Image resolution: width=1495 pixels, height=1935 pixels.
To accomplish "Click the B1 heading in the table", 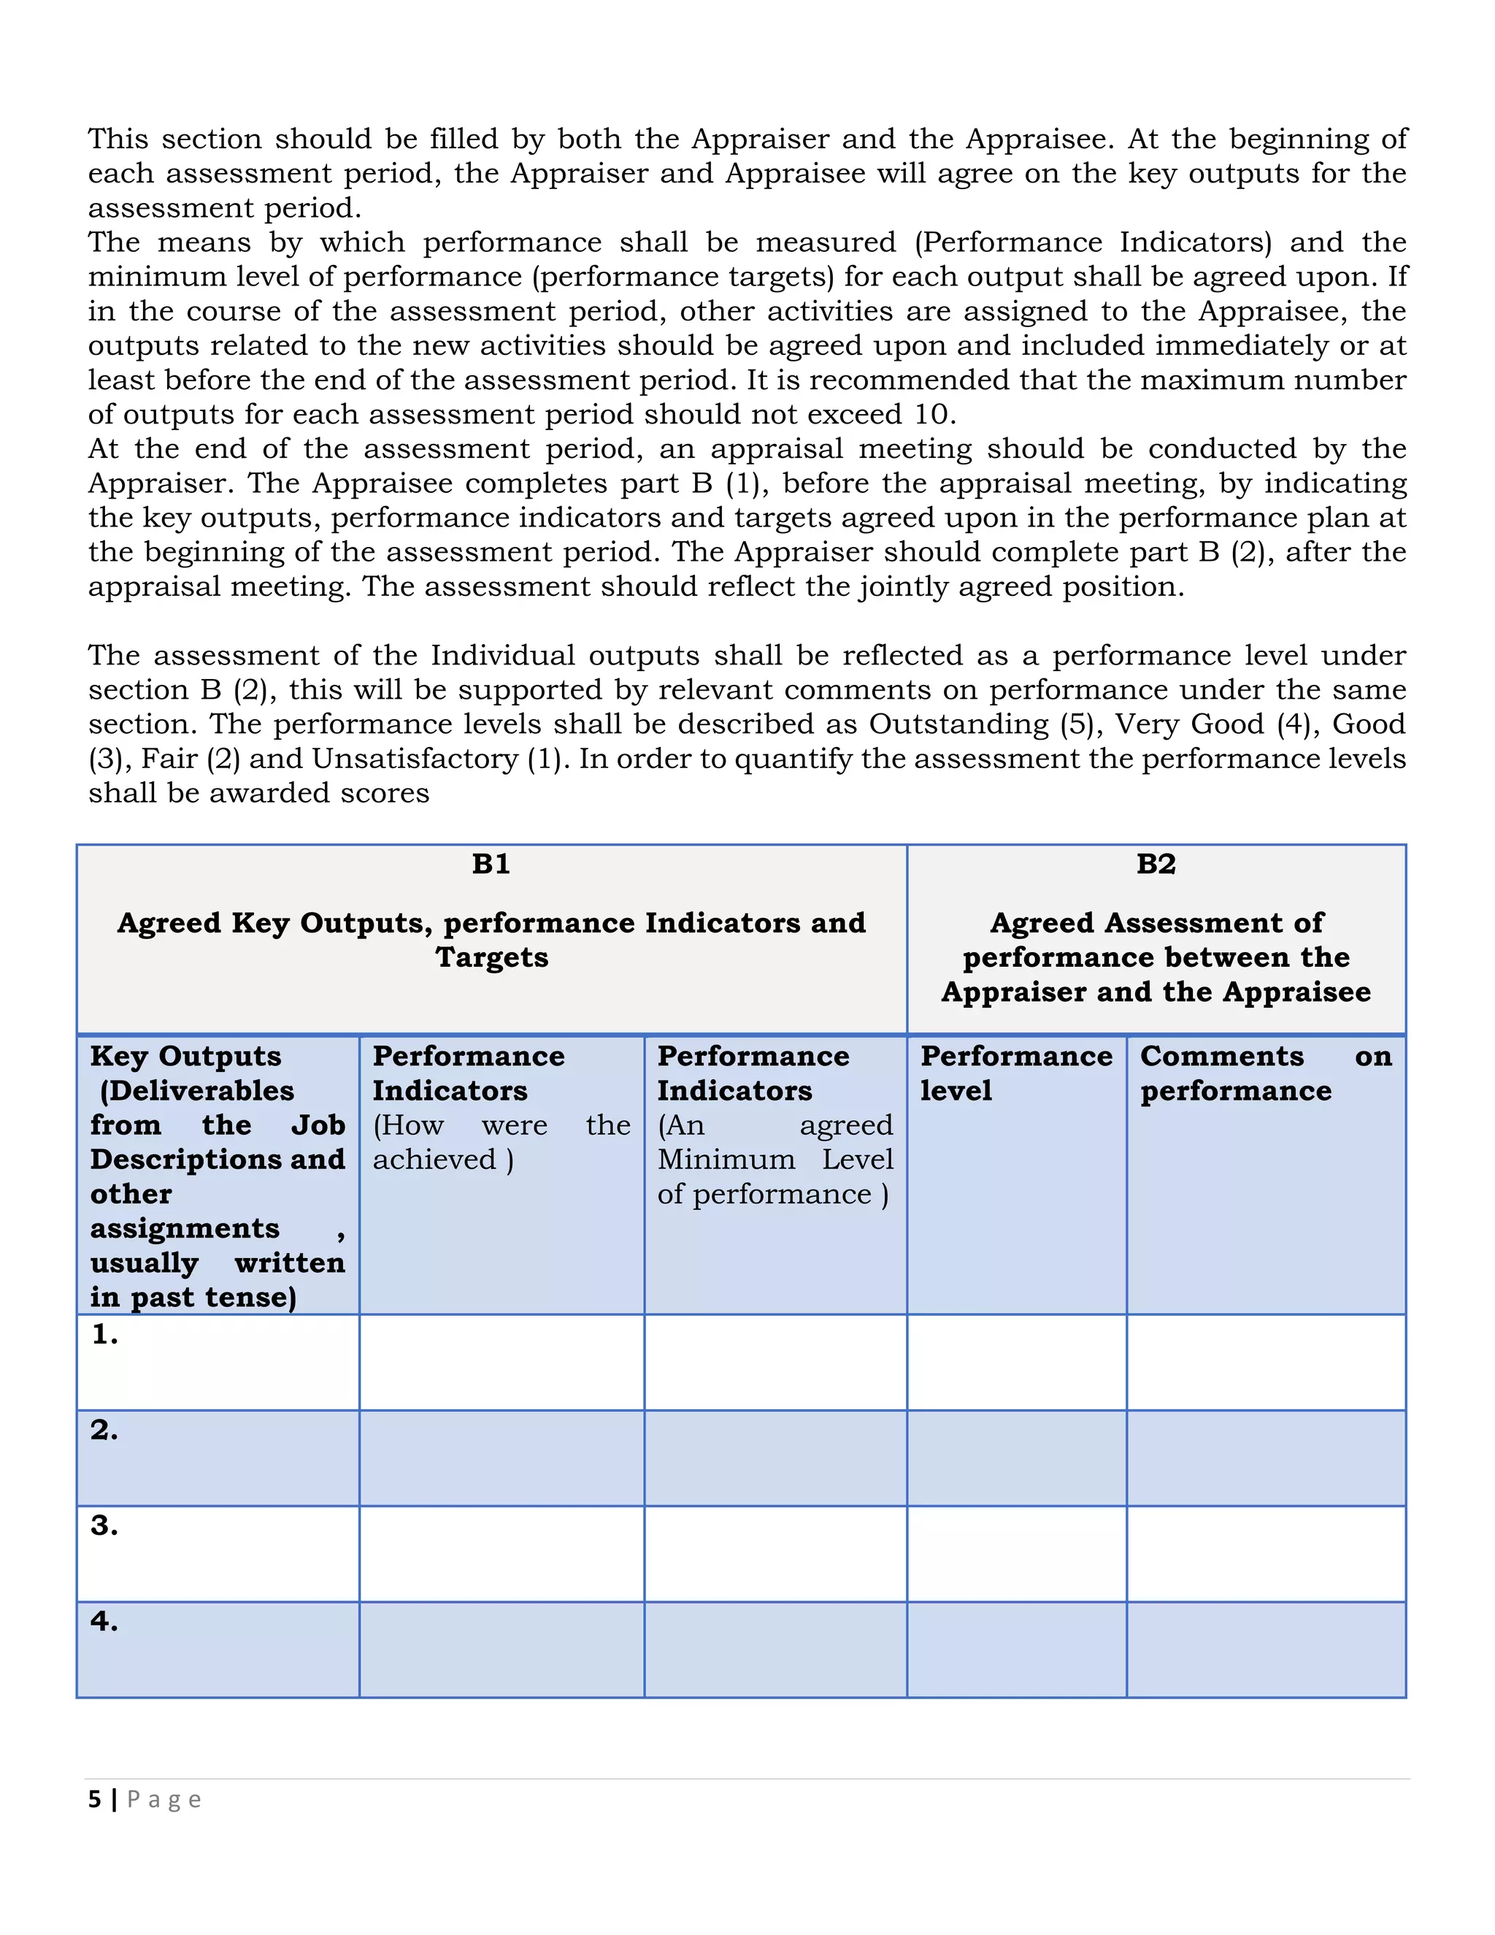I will click(x=491, y=864).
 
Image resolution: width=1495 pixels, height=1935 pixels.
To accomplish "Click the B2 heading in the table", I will click(x=1156, y=864).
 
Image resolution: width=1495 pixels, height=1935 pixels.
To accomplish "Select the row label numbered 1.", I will click(x=104, y=1334).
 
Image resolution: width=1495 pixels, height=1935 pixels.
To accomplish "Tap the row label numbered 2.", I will click(x=104, y=1430).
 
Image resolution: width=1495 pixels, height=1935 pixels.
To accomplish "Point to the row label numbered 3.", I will click(x=104, y=1525).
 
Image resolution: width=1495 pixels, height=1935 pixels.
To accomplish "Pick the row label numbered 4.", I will click(x=104, y=1621).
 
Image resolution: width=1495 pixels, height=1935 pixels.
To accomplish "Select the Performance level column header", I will click(x=1016, y=1073).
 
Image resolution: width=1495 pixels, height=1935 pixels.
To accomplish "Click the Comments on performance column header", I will click(x=1266, y=1073).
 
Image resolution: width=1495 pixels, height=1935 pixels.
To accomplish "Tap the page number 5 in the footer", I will click(x=95, y=1799).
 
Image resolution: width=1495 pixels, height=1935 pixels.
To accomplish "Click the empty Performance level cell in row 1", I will click(x=1016, y=1363).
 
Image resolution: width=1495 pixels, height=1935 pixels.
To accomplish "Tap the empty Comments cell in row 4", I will click(x=1266, y=1649).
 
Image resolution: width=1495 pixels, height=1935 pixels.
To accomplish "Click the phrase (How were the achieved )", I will click(x=501, y=1142).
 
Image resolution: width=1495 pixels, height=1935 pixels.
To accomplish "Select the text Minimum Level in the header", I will click(x=775, y=1160).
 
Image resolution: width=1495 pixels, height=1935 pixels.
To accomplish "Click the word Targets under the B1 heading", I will click(x=491, y=958).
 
